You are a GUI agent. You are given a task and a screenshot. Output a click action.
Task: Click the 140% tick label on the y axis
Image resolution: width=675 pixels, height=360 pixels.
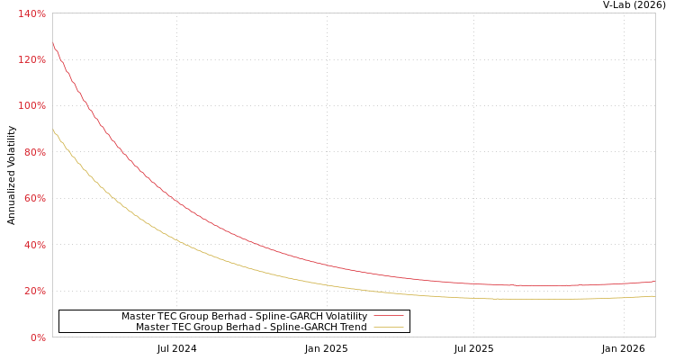pos(31,13)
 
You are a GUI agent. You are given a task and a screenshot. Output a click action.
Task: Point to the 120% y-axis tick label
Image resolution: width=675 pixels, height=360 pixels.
pos(31,59)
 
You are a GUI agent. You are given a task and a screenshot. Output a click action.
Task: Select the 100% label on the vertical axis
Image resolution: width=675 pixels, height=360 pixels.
pos(31,106)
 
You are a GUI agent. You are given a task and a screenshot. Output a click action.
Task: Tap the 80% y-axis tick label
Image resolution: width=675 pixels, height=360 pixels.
pos(34,152)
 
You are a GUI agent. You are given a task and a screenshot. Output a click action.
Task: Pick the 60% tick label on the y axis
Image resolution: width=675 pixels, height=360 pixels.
pos(34,198)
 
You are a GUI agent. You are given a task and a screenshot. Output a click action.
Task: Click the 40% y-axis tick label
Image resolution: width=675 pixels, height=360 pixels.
pos(34,245)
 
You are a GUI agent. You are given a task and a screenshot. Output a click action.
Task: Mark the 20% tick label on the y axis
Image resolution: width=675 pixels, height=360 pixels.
pos(34,291)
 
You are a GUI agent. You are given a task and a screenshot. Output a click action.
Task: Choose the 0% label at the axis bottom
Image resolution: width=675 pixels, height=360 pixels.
pos(37,337)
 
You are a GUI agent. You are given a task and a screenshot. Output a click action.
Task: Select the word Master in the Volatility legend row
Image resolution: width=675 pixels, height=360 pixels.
pos(138,316)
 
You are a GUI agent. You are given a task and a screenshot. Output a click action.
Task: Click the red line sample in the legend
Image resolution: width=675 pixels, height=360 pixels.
pos(388,316)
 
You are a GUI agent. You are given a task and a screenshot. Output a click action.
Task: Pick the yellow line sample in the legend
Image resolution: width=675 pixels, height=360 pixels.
pos(388,327)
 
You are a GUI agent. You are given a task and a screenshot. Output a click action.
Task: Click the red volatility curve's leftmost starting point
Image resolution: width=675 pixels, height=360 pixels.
pos(52,43)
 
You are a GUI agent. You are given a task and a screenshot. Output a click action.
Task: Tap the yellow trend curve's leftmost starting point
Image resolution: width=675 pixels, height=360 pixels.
pos(52,130)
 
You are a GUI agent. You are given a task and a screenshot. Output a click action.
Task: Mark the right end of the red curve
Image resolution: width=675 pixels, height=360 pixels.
pos(654,281)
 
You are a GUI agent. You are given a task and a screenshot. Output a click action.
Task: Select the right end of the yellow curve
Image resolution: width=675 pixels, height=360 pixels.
pos(654,295)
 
